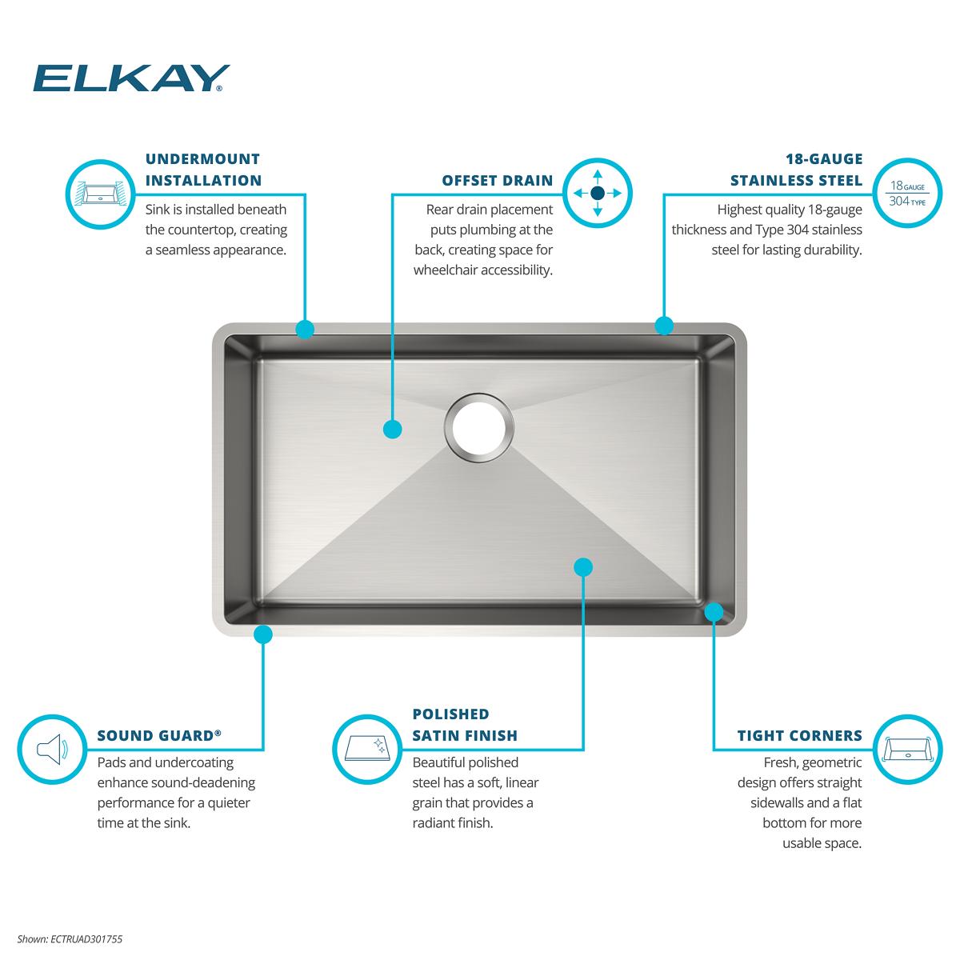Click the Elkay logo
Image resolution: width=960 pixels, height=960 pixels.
coord(131,78)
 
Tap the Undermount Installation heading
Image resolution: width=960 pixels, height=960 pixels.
coord(203,170)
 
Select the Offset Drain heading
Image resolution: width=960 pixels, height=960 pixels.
coord(497,180)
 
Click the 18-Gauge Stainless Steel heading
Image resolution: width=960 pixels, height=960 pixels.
coord(796,170)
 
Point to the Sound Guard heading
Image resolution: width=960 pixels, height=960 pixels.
coord(159,735)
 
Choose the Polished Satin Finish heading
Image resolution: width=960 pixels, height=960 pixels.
coord(465,725)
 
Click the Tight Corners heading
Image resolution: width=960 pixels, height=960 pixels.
coord(799,735)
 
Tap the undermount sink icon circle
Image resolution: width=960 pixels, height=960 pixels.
coord(101,194)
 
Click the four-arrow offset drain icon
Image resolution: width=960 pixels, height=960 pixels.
coord(598,193)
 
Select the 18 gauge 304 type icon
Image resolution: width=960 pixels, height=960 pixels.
coord(907,193)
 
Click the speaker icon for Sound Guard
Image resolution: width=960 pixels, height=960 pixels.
coord(52,750)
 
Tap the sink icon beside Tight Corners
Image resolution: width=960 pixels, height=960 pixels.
coord(908,750)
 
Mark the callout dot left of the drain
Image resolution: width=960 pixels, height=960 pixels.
coord(393,429)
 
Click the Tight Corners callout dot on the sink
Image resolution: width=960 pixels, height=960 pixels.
coord(714,612)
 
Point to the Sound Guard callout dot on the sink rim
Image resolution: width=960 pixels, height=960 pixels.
coord(263,634)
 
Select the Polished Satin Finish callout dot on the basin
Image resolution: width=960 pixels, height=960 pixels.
coord(583,567)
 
